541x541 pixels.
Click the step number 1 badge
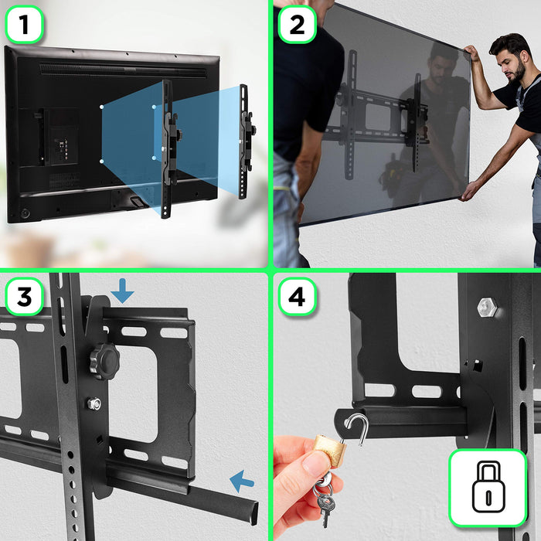pyautogui.click(x=25, y=26)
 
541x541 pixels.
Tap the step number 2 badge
pyautogui.click(x=297, y=26)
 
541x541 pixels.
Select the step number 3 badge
pyautogui.click(x=25, y=297)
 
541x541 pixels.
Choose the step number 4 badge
pyautogui.click(x=297, y=297)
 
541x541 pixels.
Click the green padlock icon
pyautogui.click(x=488, y=488)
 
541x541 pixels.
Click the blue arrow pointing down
pyautogui.click(x=122, y=291)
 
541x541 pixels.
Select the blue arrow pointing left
pyautogui.click(x=242, y=482)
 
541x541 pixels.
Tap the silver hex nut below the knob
pyautogui.click(x=94, y=403)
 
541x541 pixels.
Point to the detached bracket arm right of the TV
pyautogui.click(x=245, y=139)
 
